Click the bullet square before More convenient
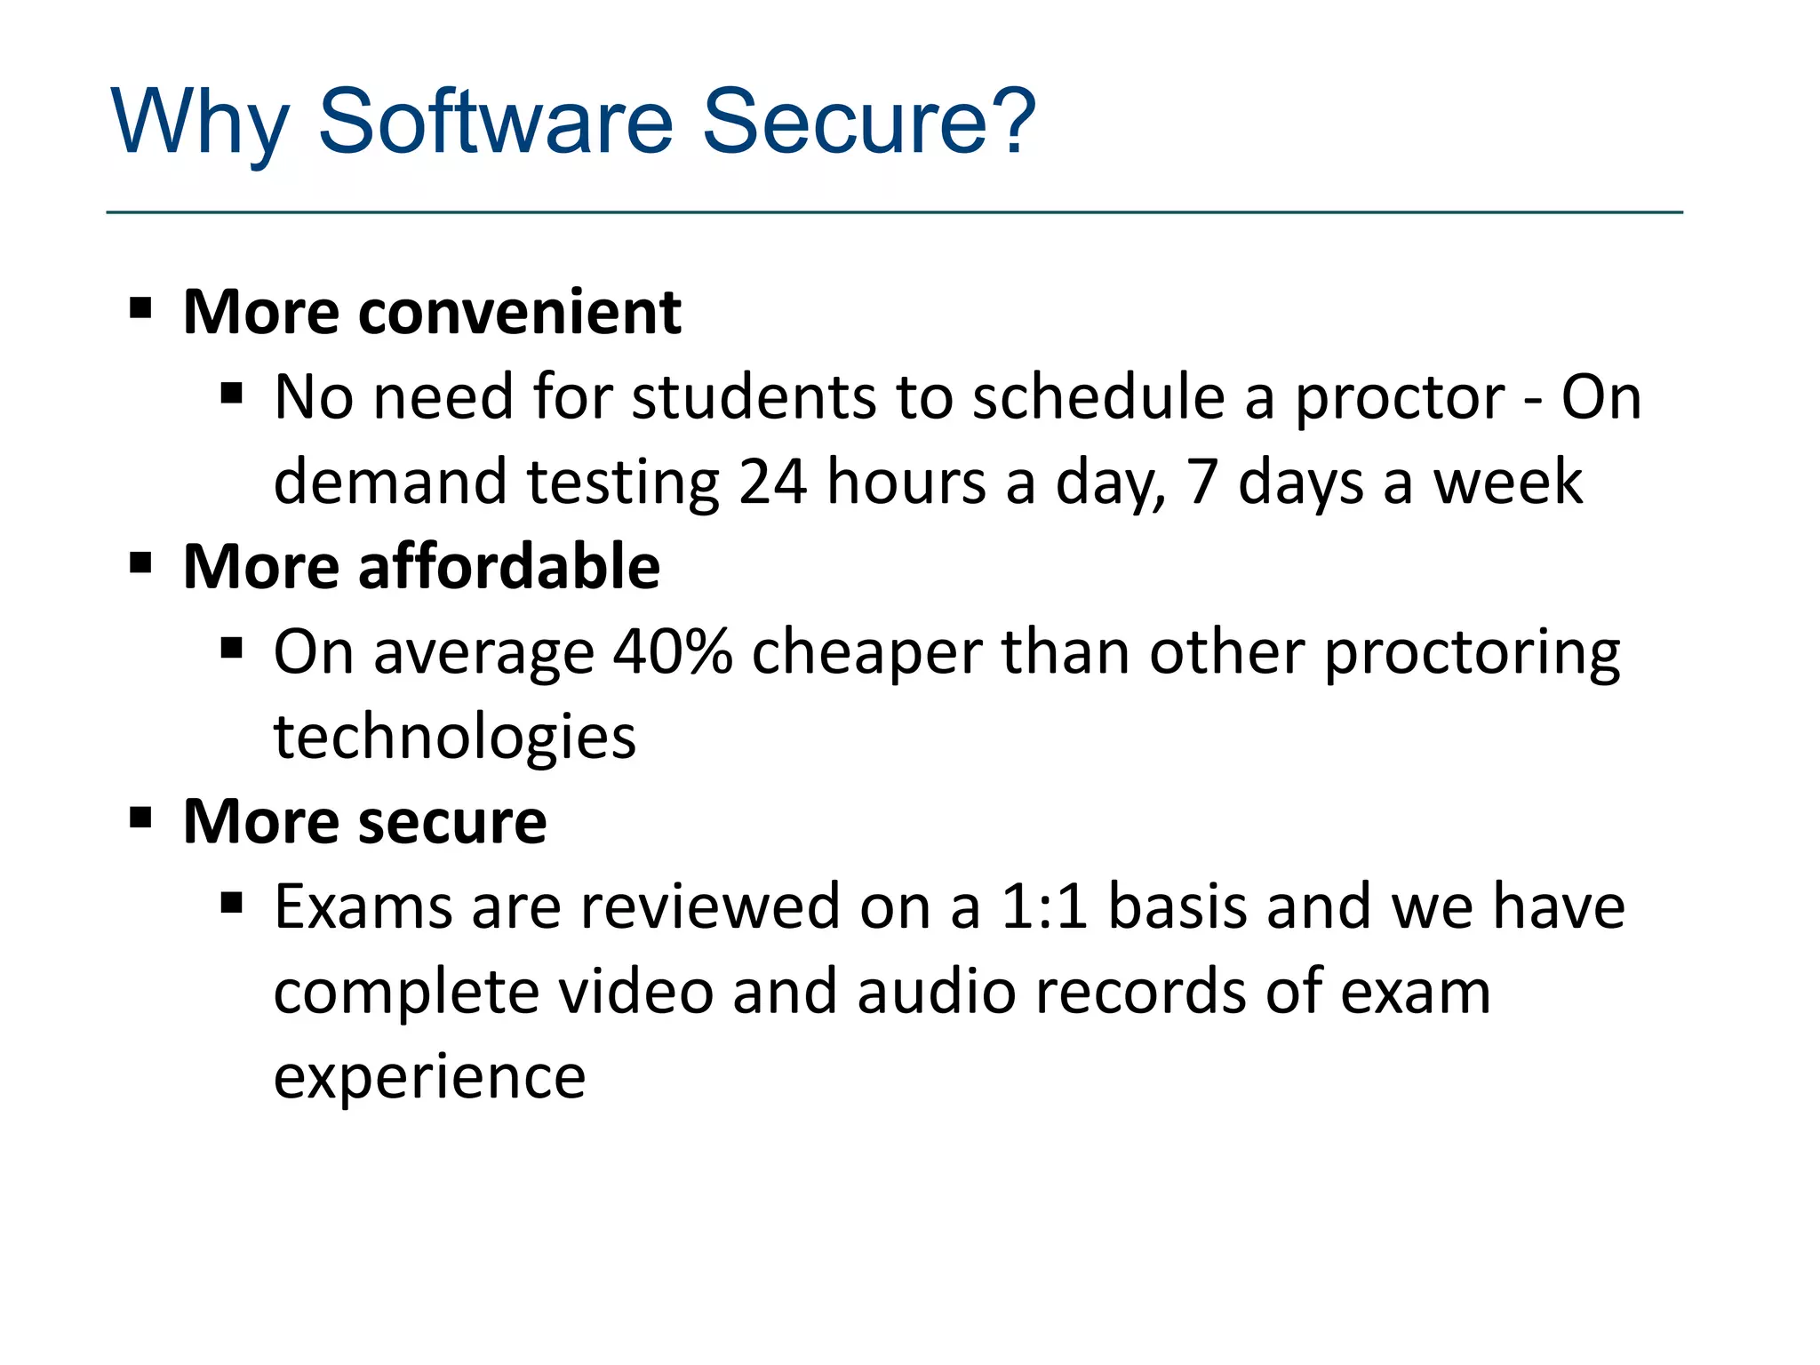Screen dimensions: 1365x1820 (140, 309)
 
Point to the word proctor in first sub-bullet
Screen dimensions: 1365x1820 (1399, 398)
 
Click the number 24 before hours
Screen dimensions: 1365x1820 (772, 483)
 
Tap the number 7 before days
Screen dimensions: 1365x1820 (1201, 483)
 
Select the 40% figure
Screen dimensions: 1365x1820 (672, 652)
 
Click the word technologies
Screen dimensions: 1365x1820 (454, 738)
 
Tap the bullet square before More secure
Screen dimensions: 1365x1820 (140, 818)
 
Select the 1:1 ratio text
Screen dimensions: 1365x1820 (1043, 907)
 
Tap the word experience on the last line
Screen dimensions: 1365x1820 (429, 1078)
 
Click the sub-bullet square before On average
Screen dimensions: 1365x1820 (232, 649)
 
